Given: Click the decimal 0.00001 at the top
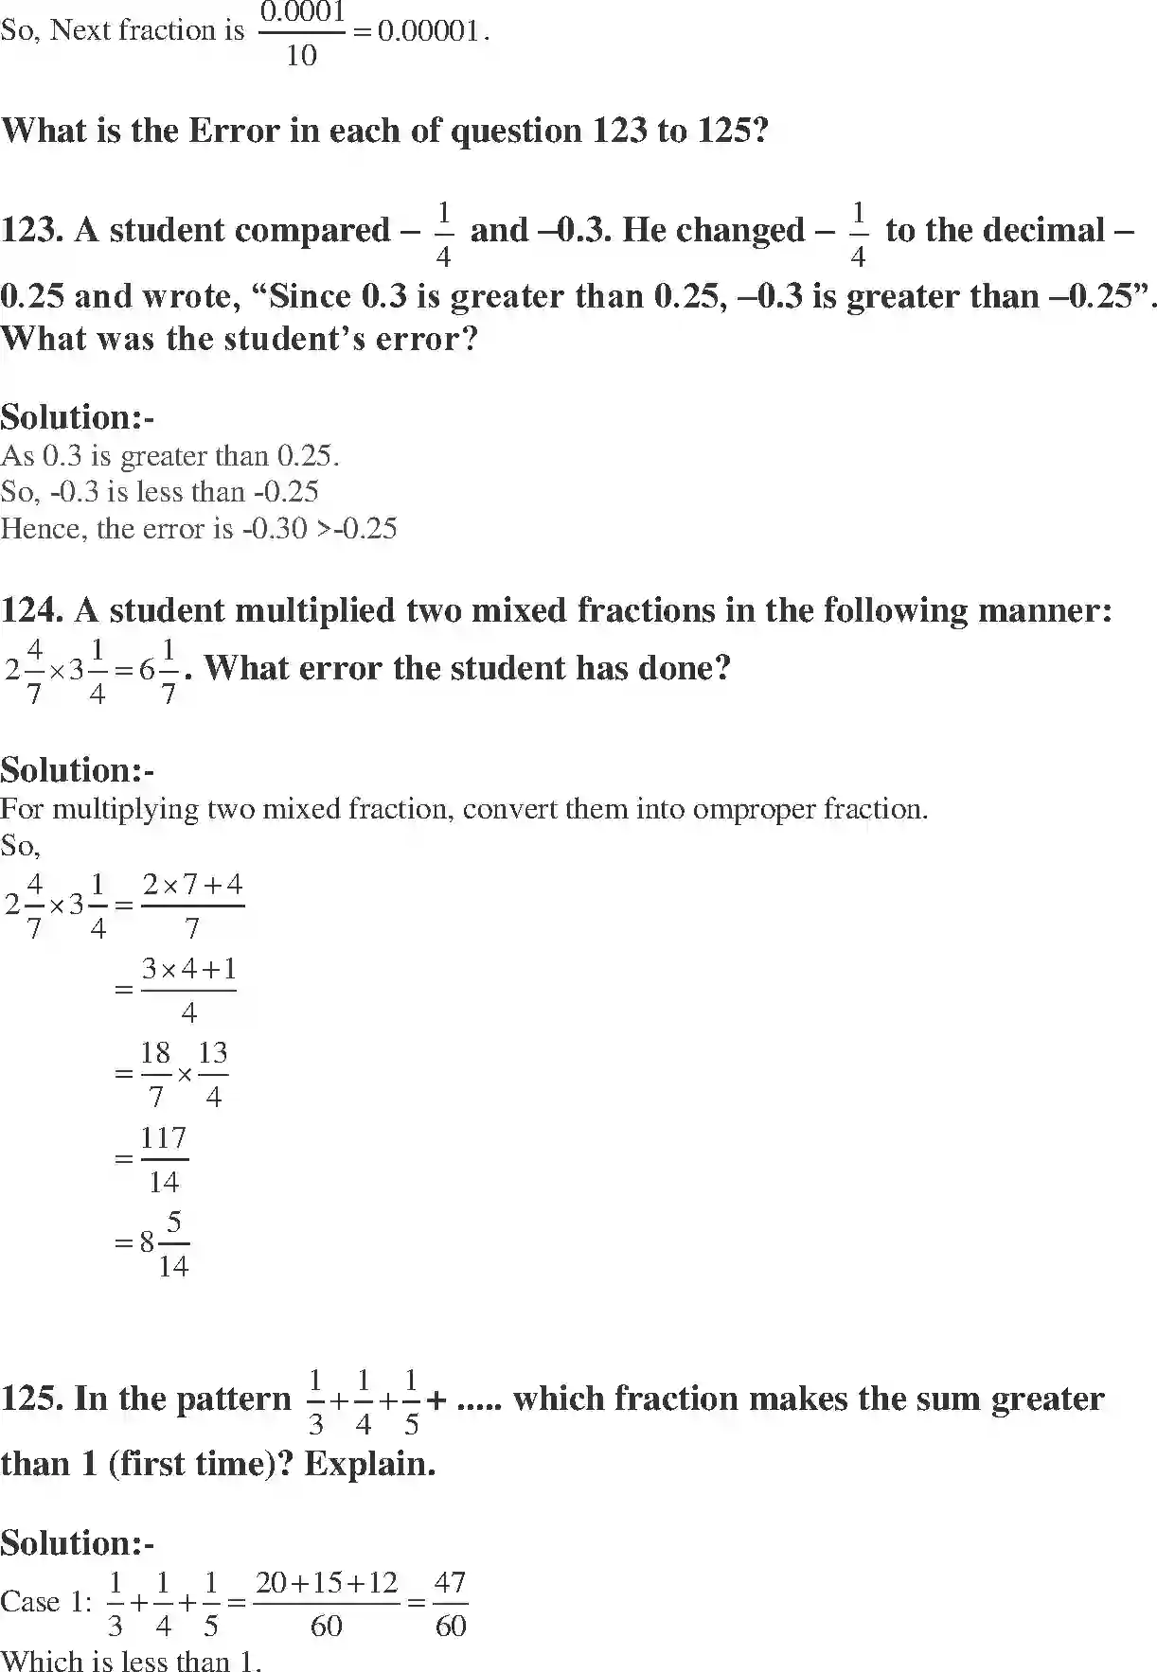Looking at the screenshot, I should [428, 31].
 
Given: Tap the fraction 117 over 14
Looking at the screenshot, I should [164, 1159].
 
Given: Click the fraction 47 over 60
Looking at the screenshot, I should [451, 1603].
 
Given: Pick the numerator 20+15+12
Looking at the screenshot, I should [327, 1583].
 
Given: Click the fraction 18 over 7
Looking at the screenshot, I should [155, 1075].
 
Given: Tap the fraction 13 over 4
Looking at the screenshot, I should [213, 1075].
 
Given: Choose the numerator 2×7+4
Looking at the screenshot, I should [192, 885].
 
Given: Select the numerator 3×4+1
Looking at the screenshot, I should [188, 969].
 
